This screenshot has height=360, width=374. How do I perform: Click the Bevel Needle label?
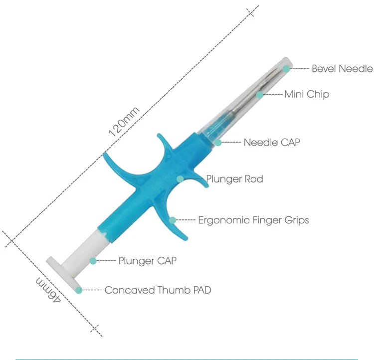point(342,68)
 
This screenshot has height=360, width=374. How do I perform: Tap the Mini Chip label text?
point(306,94)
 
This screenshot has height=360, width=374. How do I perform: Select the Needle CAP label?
point(272,143)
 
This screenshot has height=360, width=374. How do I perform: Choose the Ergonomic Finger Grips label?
point(253,220)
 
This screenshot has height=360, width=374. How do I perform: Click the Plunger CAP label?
point(147,260)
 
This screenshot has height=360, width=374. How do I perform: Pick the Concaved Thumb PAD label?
point(158,290)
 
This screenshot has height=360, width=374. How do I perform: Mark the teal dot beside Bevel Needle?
point(286,68)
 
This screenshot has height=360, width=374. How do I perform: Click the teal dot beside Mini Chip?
point(260,94)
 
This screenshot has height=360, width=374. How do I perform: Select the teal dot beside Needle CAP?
point(218,143)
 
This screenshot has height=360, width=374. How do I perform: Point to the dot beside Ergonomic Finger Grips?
point(173,220)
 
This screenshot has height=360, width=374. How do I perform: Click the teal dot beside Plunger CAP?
point(93,260)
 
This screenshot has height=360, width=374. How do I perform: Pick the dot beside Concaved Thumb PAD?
point(78,290)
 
